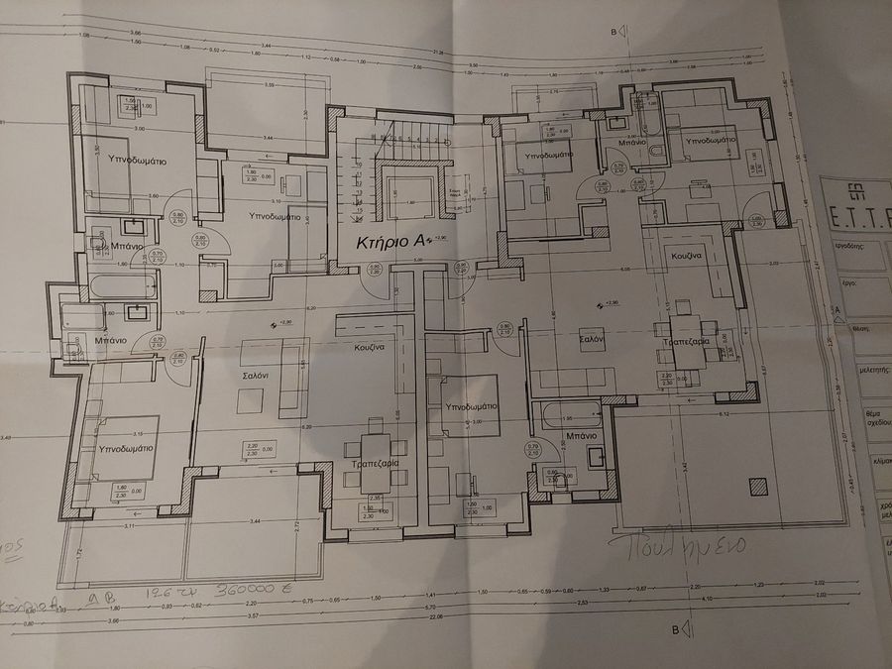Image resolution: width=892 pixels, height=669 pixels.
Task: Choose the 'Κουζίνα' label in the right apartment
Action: (687, 255)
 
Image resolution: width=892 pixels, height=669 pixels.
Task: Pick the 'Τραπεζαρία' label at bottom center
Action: (375, 464)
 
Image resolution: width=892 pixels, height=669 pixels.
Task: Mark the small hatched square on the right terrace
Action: (758, 486)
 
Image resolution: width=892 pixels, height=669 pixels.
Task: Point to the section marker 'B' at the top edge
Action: (614, 33)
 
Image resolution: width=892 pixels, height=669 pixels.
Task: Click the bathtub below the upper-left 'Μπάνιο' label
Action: (111, 288)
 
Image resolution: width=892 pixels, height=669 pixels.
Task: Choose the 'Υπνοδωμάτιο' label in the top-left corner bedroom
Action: (130, 160)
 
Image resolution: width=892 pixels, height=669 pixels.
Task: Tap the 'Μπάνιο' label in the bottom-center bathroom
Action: (581, 435)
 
